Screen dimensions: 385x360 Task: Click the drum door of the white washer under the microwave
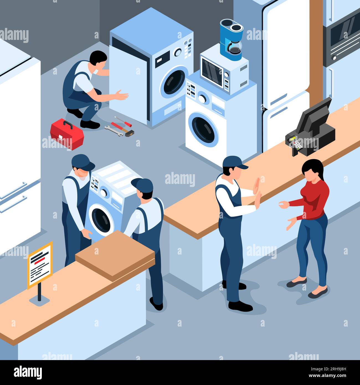(x=204, y=129)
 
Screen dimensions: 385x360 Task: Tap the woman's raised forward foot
(x=296, y=283)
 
